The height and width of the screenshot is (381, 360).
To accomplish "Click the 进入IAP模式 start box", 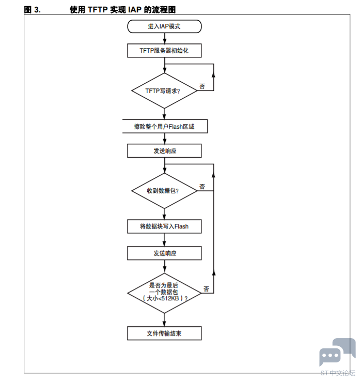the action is tap(164, 26).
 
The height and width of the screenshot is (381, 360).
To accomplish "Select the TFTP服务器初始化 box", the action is tap(164, 51).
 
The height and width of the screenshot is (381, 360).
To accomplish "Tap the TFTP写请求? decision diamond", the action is tap(164, 90).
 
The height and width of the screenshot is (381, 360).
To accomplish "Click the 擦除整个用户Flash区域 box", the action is tap(165, 126).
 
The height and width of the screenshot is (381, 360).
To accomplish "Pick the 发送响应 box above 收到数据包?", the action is tap(164, 150).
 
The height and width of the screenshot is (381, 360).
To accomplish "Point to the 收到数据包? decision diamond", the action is tap(164, 191).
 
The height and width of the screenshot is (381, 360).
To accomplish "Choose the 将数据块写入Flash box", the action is tap(164, 226).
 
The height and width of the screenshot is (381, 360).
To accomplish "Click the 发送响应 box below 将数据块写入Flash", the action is tap(164, 253).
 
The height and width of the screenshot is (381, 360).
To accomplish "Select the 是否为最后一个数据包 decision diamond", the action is tap(164, 293).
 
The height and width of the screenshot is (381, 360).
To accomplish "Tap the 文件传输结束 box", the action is tap(164, 333).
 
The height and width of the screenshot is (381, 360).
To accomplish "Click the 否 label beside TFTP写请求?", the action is tap(202, 86).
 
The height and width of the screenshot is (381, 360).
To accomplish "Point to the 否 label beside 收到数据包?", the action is tap(202, 187).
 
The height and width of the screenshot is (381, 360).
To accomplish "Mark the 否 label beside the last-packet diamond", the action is tap(206, 289).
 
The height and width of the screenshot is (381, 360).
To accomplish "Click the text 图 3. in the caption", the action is tap(33, 10).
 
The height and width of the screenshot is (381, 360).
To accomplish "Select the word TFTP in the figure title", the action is tap(98, 10).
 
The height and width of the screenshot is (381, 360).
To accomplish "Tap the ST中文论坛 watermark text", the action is tap(338, 373).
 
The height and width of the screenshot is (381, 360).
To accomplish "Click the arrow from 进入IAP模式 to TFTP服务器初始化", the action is tap(165, 38).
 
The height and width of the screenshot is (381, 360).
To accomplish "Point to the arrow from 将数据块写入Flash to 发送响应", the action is tap(164, 240).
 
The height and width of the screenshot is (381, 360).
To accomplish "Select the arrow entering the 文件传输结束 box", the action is tap(164, 320).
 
